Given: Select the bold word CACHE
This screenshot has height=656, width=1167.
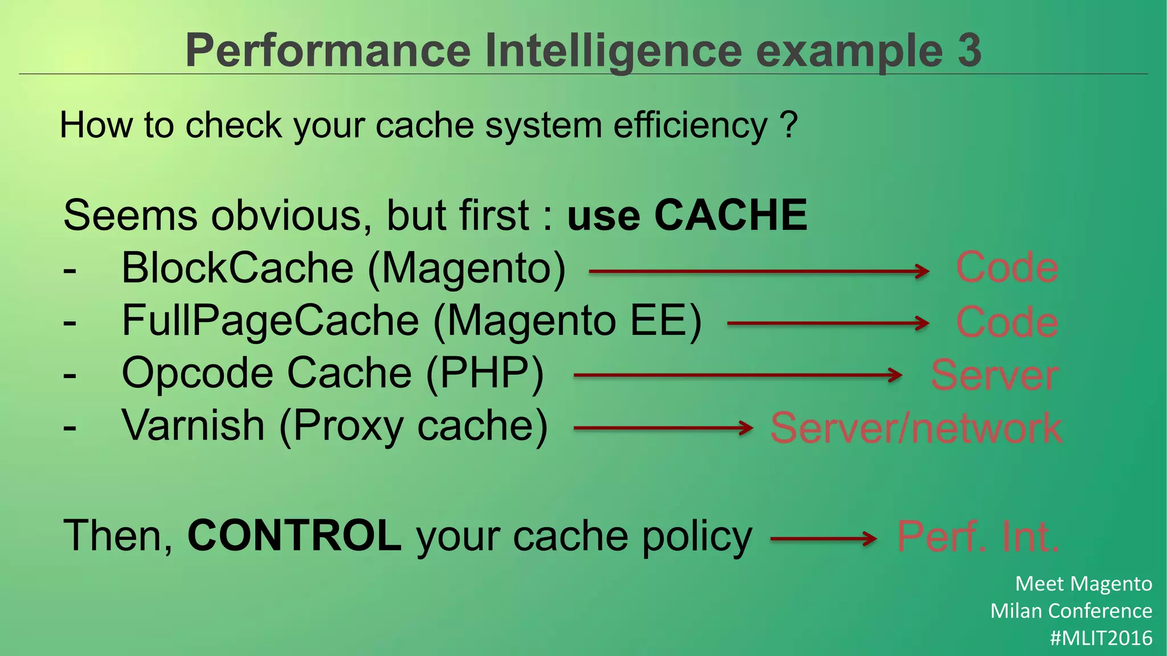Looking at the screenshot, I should coord(731,215).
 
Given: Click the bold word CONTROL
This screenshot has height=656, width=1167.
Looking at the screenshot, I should coord(295,536).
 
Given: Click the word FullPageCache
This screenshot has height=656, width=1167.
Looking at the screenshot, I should coord(271,321).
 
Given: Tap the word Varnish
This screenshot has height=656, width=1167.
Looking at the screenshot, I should coord(193,425).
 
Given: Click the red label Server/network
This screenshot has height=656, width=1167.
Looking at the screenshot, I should coord(916,428).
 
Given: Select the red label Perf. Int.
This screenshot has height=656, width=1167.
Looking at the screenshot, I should coord(978,536).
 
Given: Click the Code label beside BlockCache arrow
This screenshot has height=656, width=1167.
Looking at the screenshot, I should coord(1007,267).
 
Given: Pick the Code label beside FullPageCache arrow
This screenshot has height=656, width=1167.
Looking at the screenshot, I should coord(1007,322).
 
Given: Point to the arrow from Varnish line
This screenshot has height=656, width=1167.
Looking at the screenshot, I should coord(663,428).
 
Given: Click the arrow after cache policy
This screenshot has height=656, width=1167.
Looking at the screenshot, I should coord(823,538).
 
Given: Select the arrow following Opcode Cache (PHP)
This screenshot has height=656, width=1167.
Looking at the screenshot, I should coord(738,375).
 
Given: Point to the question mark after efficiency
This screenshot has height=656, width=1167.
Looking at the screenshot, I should coord(789,125).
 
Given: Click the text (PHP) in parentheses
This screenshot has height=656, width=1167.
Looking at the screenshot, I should coord(484,374).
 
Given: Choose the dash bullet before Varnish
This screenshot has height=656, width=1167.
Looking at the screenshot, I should coord(70,427).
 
